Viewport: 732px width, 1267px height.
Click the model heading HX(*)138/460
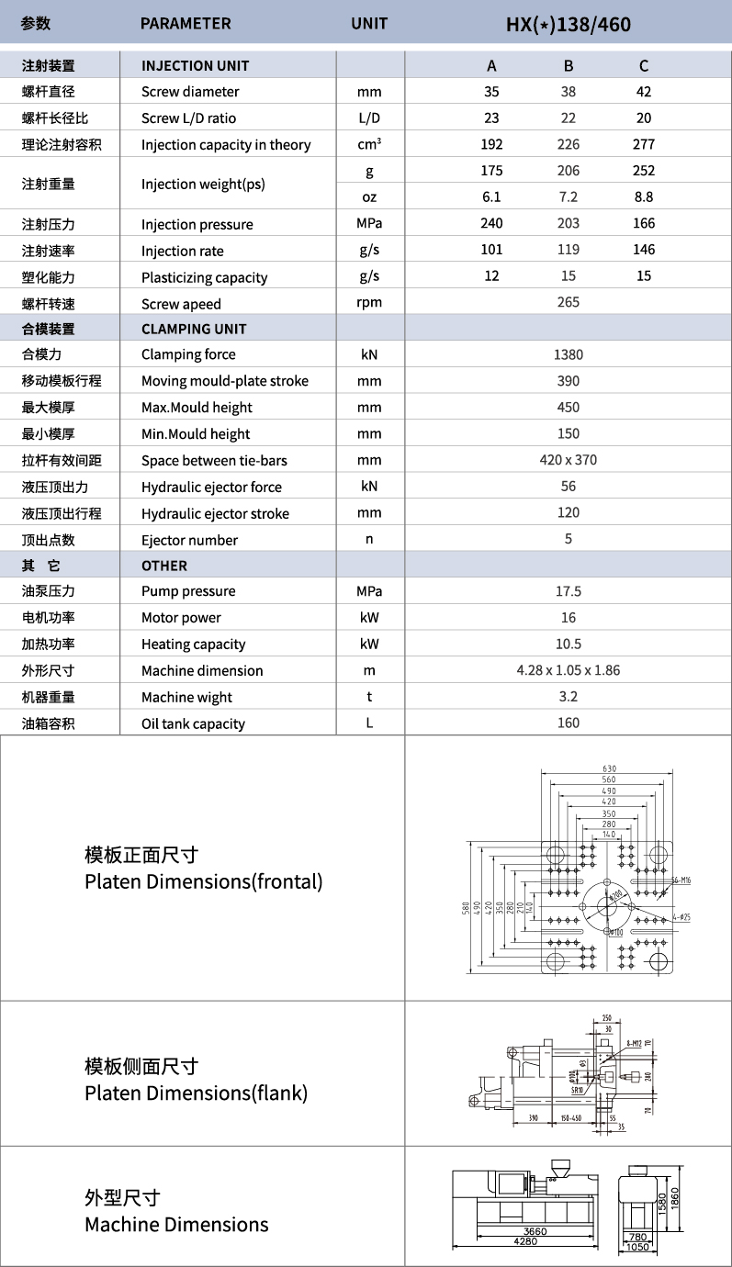(569, 24)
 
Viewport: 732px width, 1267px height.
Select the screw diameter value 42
(643, 92)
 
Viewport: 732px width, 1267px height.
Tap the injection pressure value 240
(491, 224)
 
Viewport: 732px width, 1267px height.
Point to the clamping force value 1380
(569, 354)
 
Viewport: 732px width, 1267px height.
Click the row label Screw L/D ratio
(188, 118)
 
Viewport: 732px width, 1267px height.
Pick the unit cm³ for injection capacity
(369, 144)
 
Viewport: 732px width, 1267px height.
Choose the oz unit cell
(369, 197)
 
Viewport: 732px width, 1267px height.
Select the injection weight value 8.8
(643, 197)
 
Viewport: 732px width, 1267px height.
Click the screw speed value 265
(569, 303)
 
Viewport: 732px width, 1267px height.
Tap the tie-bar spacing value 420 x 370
(569, 460)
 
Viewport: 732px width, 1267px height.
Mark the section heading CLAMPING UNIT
(194, 329)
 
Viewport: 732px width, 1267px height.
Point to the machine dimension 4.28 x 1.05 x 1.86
(569, 670)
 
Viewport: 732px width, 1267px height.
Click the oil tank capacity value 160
(569, 723)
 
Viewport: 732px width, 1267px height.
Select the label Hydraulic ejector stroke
(215, 514)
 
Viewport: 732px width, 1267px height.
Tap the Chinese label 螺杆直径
(48, 92)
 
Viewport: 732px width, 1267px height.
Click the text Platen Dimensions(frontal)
(204, 882)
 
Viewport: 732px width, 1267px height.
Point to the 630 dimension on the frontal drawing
(609, 768)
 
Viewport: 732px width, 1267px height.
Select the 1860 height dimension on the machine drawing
(675, 1198)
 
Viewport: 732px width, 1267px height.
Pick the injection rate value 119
(569, 251)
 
